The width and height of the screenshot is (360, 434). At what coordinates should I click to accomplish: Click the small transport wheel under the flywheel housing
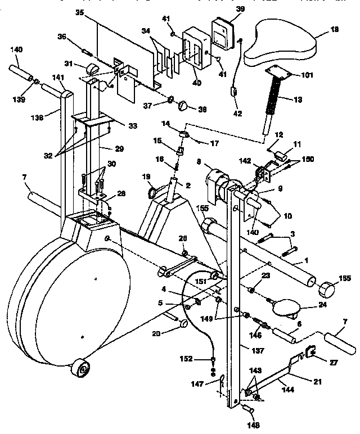tap(82, 369)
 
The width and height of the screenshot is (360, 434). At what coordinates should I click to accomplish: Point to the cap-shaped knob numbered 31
tap(92, 69)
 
